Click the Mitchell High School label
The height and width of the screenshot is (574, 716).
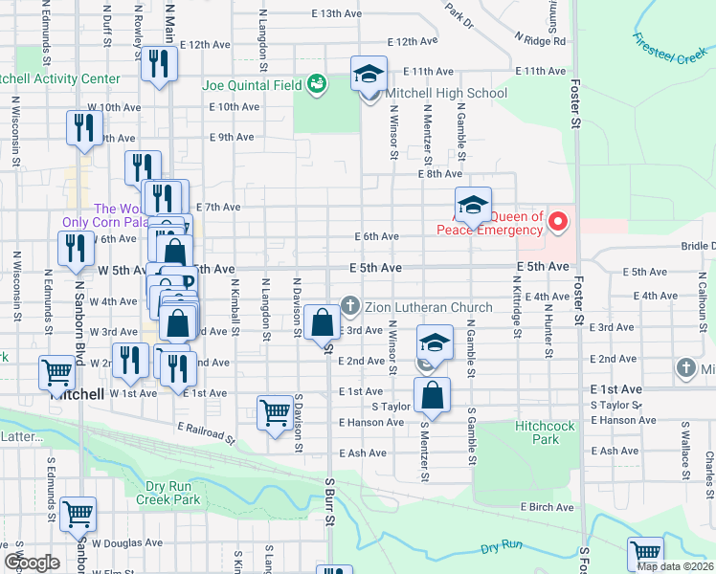click(x=445, y=94)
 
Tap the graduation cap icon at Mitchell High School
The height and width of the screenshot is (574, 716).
click(x=369, y=73)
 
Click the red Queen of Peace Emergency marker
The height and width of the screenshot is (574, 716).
click(x=558, y=223)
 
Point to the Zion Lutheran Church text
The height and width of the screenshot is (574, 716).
click(x=428, y=307)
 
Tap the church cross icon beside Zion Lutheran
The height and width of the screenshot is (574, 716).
click(x=350, y=306)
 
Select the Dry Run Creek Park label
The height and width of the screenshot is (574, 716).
click(x=168, y=493)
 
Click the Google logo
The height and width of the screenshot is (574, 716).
click(x=32, y=562)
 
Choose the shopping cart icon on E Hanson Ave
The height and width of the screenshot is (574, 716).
click(x=275, y=412)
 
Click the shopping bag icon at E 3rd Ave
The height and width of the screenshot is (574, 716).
click(x=324, y=323)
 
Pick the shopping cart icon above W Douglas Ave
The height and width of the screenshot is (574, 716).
click(x=78, y=513)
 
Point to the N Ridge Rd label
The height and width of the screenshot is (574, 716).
click(x=540, y=41)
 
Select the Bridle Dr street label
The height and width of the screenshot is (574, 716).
click(x=697, y=246)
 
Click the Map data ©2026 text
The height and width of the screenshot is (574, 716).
click(x=674, y=565)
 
